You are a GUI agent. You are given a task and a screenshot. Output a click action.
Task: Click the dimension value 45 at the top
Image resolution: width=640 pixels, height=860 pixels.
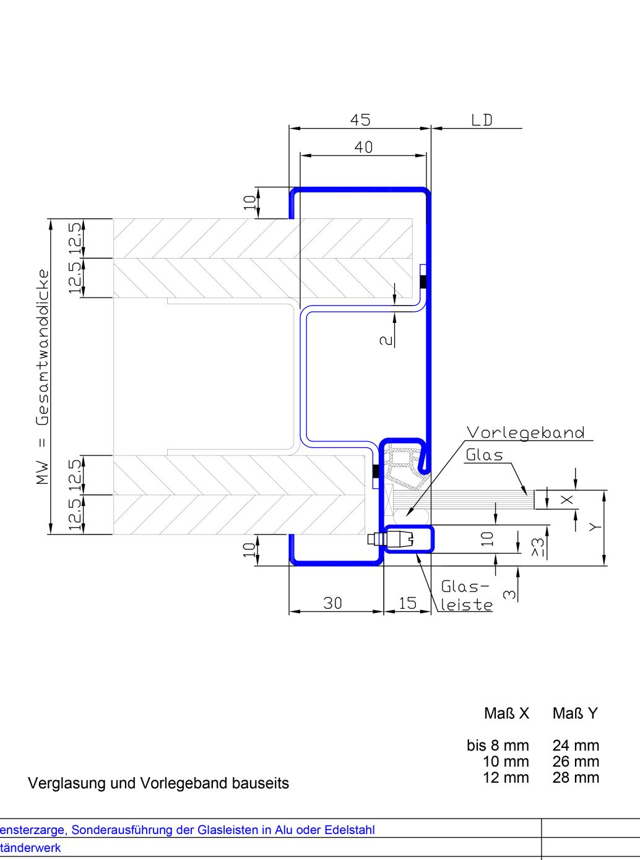coord(360,119)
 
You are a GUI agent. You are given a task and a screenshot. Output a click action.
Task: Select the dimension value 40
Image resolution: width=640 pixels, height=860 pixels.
coord(363,147)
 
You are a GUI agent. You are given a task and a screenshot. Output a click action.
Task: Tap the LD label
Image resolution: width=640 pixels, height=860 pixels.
coord(482,120)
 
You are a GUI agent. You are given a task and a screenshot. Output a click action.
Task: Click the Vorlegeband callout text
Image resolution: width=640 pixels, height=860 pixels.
coord(525,432)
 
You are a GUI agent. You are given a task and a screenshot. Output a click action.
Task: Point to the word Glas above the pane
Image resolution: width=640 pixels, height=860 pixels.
coord(484,455)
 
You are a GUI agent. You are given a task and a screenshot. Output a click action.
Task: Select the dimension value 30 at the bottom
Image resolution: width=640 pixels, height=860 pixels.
coord(332,603)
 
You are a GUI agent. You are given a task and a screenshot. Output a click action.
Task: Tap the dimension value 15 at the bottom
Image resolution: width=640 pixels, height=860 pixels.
coord(408,603)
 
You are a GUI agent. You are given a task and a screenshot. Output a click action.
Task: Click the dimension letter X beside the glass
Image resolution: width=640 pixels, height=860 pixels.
coord(567,500)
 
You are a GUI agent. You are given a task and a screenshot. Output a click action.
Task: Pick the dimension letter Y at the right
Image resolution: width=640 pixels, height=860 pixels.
coord(595,527)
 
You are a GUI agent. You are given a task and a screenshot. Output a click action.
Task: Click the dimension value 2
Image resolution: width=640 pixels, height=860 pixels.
coord(386,340)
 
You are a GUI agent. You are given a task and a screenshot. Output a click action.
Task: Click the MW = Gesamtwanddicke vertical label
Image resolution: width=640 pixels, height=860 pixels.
coord(43,377)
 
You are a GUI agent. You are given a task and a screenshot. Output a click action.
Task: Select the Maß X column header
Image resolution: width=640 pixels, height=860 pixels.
coord(506,713)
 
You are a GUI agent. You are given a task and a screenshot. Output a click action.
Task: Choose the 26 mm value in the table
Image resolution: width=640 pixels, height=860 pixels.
coord(576,762)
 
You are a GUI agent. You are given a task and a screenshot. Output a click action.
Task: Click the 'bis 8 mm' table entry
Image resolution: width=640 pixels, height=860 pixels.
coord(498,746)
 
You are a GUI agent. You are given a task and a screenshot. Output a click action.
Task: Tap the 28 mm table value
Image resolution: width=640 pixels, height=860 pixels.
coord(576,778)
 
